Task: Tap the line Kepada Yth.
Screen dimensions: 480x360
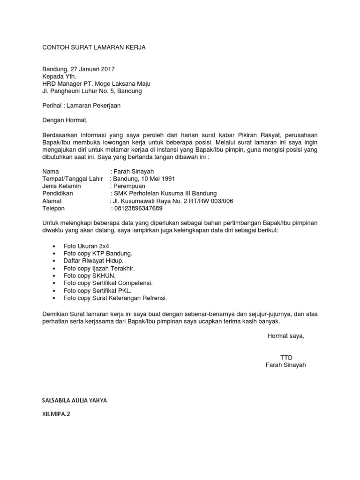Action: coord(59,76)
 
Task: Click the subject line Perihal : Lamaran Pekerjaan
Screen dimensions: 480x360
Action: coord(81,105)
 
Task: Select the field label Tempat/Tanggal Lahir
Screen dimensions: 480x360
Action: coord(72,179)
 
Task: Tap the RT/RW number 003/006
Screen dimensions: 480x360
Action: coord(216,201)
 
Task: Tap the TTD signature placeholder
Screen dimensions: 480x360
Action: coord(286,357)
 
